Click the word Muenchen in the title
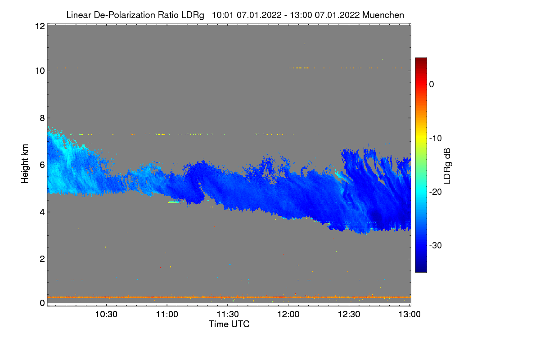click(383, 15)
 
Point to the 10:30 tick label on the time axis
click(106, 314)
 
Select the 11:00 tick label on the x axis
click(167, 314)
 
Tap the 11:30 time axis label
click(228, 314)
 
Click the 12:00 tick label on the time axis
click(288, 314)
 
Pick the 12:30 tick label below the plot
click(349, 314)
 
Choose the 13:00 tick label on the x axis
click(410, 314)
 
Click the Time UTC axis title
click(229, 324)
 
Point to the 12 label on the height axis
click(39, 26)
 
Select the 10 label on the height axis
click(39, 71)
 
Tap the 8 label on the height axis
click(42, 118)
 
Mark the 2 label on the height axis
click(42, 259)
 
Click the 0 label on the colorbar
click(432, 84)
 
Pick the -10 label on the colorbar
click(436, 138)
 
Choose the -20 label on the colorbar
click(436, 192)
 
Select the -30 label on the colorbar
click(436, 246)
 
